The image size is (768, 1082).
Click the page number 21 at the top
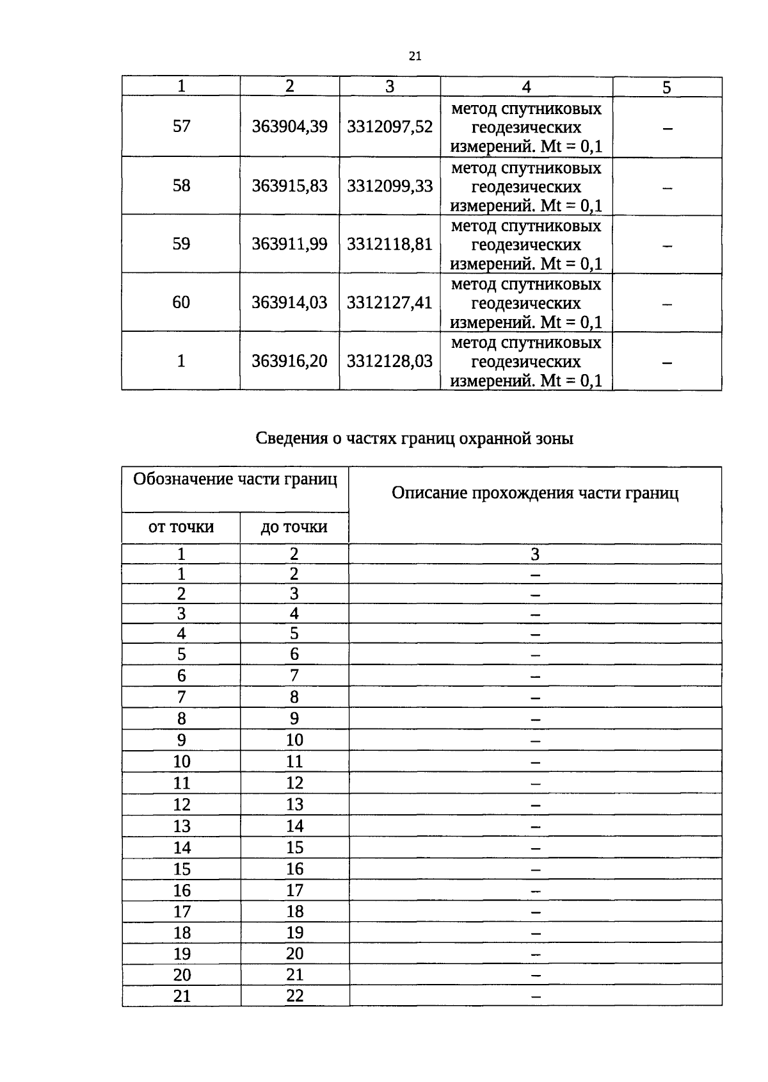click(x=415, y=56)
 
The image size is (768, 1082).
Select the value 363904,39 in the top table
click(x=289, y=127)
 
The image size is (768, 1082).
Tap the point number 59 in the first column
click(x=181, y=244)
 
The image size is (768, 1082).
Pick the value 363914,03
click(x=289, y=302)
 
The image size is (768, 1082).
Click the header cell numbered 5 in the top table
click(x=666, y=88)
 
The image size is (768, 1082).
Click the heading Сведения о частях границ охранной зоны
click(x=414, y=439)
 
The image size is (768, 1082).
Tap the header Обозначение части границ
click(x=235, y=480)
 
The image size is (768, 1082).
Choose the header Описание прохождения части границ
click(x=534, y=493)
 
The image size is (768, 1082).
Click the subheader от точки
click(x=181, y=527)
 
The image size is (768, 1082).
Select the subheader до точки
click(x=294, y=527)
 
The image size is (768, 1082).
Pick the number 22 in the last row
click(x=294, y=996)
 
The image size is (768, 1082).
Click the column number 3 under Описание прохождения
click(x=535, y=554)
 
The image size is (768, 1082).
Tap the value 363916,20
click(x=289, y=361)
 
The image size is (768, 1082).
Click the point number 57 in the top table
click(x=181, y=126)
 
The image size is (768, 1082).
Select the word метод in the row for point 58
click(x=474, y=168)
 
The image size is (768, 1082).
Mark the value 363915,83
click(x=289, y=186)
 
